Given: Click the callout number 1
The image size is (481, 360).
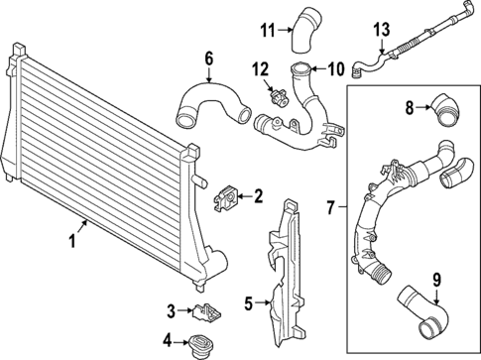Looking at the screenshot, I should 71,240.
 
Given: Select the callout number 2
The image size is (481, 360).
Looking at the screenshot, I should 258,196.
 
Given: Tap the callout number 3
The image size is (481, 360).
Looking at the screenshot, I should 172,311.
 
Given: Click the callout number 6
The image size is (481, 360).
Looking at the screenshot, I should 209,59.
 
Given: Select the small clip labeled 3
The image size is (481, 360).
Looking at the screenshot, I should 207,312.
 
